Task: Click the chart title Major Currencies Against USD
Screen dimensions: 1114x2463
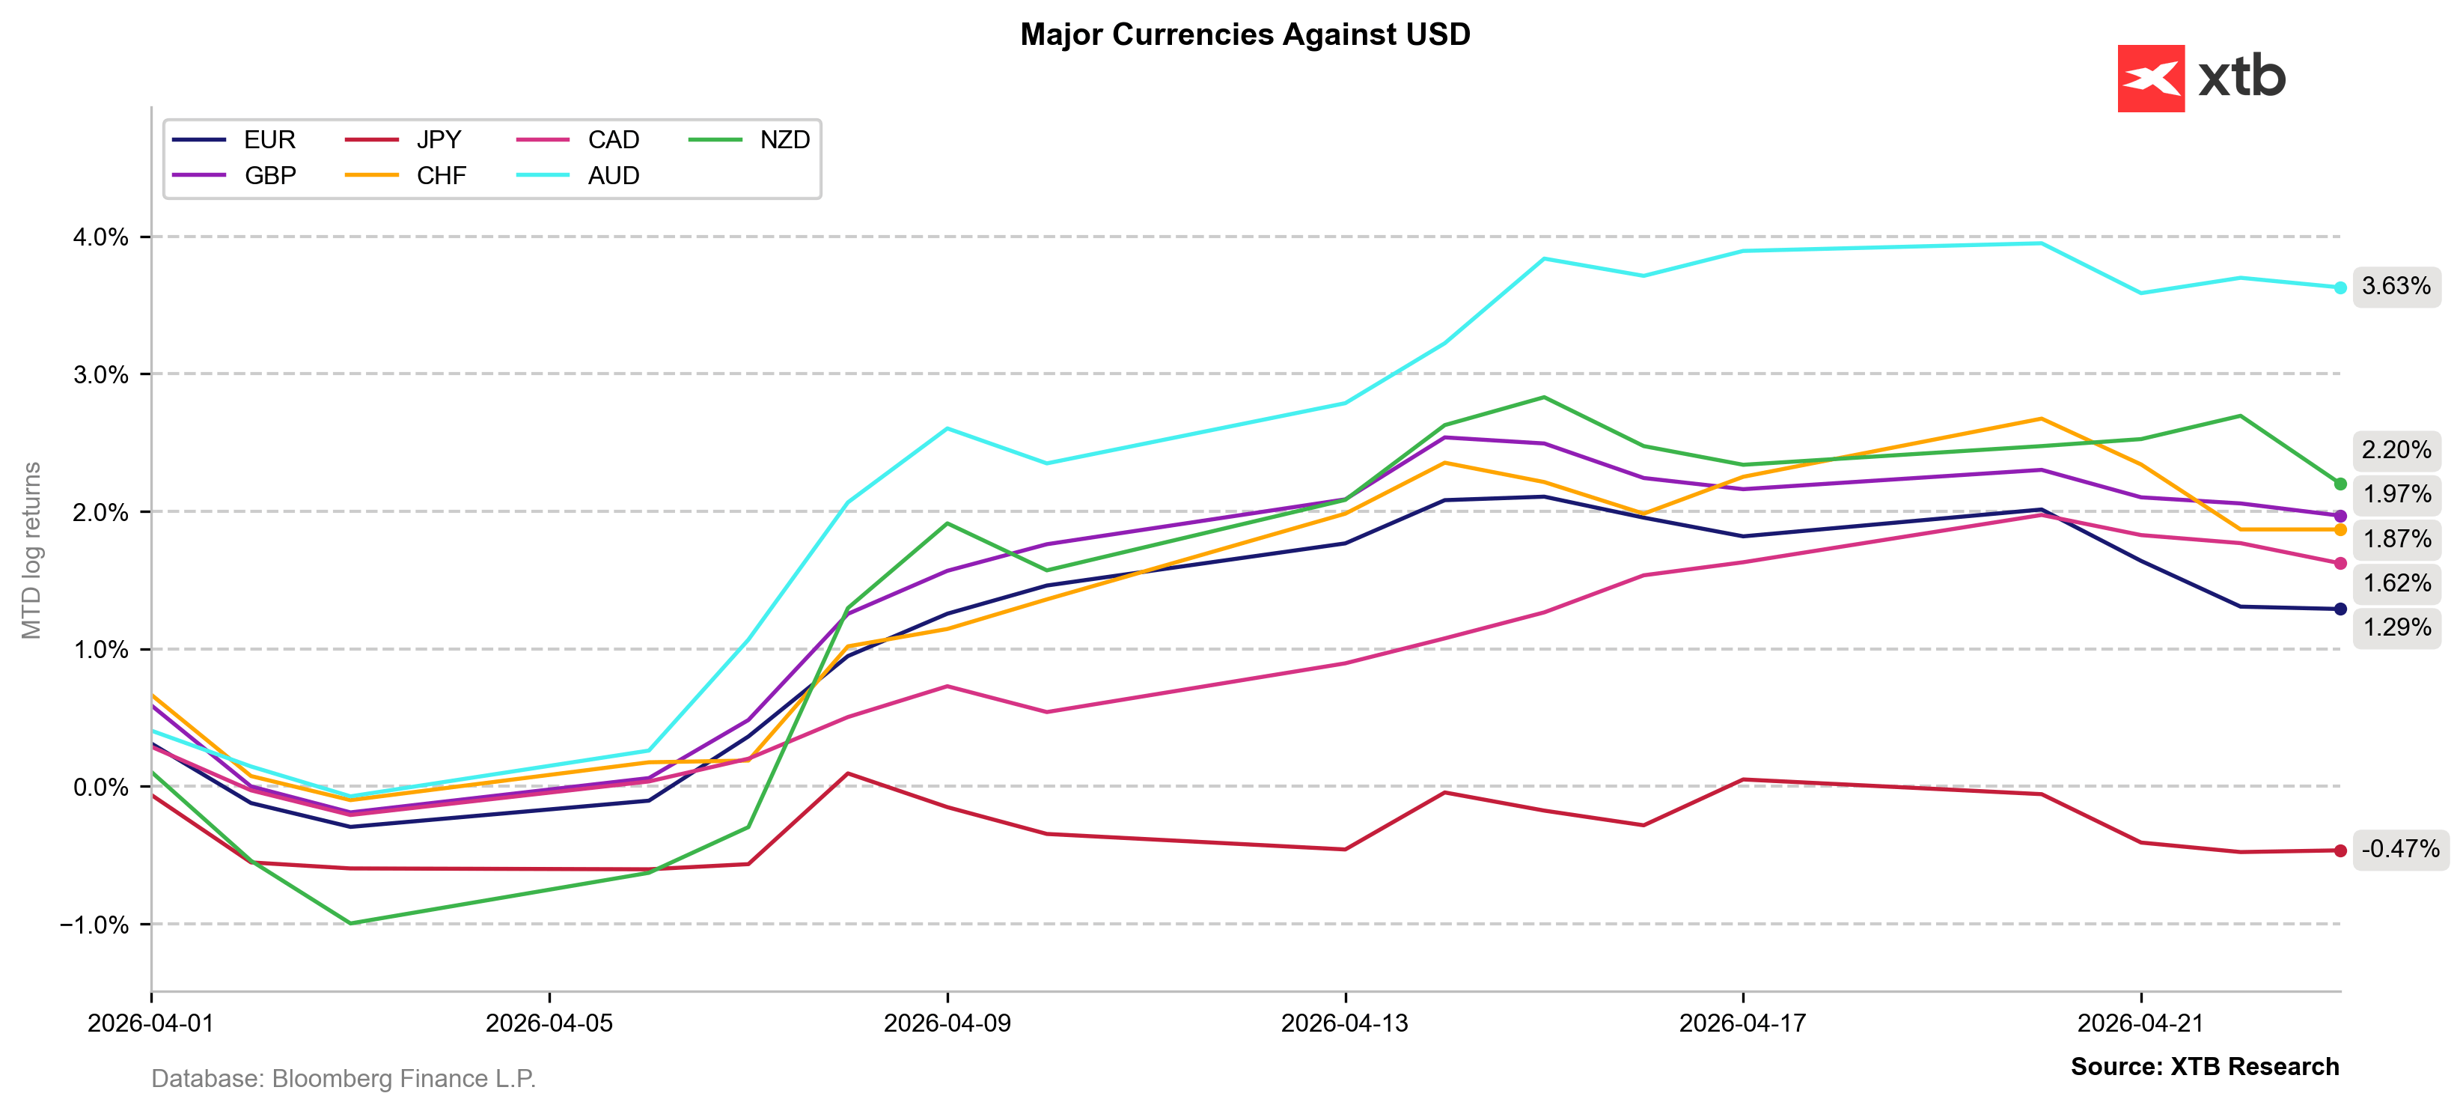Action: (x=1244, y=34)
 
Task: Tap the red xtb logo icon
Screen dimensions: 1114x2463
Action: (x=2150, y=79)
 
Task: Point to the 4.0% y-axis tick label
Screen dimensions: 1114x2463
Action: (x=100, y=237)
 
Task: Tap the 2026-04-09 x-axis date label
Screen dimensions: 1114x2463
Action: (x=947, y=1023)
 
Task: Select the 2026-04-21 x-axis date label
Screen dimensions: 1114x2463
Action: (x=2140, y=1023)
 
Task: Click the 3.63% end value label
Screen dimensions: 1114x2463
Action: (x=2396, y=286)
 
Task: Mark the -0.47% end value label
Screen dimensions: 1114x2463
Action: (x=2400, y=848)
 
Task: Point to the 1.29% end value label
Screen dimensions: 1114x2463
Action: (x=2396, y=627)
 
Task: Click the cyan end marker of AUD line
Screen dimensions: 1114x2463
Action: (x=2340, y=287)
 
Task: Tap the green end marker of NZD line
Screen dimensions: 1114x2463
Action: (x=2340, y=484)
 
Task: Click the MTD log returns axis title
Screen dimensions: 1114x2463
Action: (x=31, y=550)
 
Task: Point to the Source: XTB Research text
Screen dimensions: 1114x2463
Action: (x=2204, y=1066)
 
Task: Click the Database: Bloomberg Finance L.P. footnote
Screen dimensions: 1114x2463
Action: (x=344, y=1079)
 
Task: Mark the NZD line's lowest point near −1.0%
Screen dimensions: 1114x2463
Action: (x=350, y=923)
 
